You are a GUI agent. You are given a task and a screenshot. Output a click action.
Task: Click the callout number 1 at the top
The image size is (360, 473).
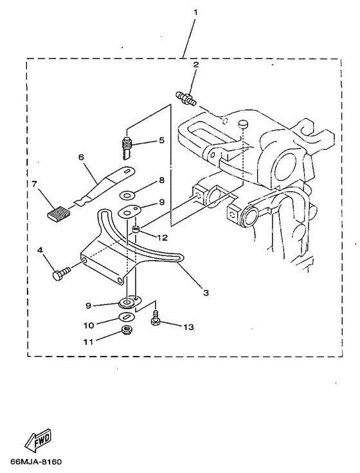197,12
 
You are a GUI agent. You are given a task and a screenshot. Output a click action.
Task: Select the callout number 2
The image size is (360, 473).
197,65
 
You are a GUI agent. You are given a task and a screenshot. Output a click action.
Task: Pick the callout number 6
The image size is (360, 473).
81,156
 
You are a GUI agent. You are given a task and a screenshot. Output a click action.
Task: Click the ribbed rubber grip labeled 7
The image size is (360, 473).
57,212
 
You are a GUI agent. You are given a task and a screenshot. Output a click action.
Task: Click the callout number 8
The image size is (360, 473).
162,181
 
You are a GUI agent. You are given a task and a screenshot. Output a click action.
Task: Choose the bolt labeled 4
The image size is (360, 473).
60,275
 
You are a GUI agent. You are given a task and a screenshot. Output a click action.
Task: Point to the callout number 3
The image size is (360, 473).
206,293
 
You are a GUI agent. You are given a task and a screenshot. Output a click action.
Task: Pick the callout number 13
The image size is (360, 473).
188,328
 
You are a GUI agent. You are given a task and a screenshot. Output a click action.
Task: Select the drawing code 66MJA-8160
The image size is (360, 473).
36,462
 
